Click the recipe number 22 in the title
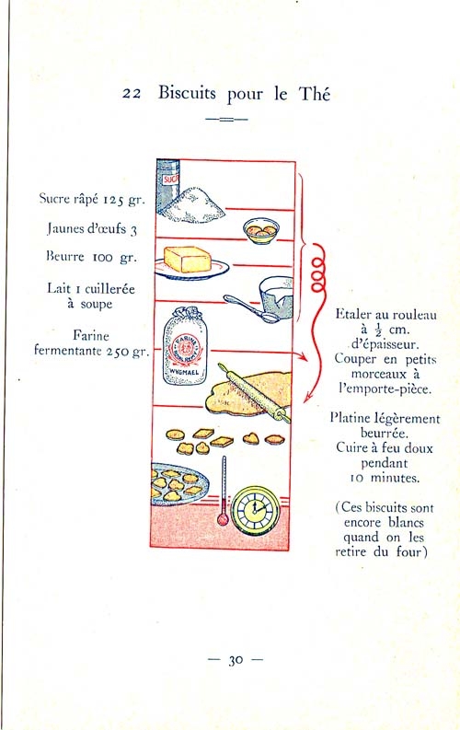pyautogui.click(x=132, y=94)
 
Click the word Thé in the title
pyautogui.click(x=315, y=94)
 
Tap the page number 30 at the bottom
pyautogui.click(x=236, y=660)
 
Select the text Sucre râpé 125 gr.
pyautogui.click(x=92, y=199)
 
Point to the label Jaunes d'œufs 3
pyautogui.click(x=93, y=228)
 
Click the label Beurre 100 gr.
pyautogui.click(x=92, y=257)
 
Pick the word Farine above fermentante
pyautogui.click(x=91, y=336)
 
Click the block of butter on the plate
pyautogui.click(x=188, y=260)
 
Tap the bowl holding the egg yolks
pyautogui.click(x=261, y=231)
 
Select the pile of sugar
pyautogui.click(x=194, y=205)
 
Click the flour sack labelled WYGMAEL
pyautogui.click(x=184, y=347)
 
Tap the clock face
pyautogui.click(x=256, y=510)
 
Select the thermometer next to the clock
pyautogui.click(x=224, y=492)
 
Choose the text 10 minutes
pyautogui.click(x=385, y=478)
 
